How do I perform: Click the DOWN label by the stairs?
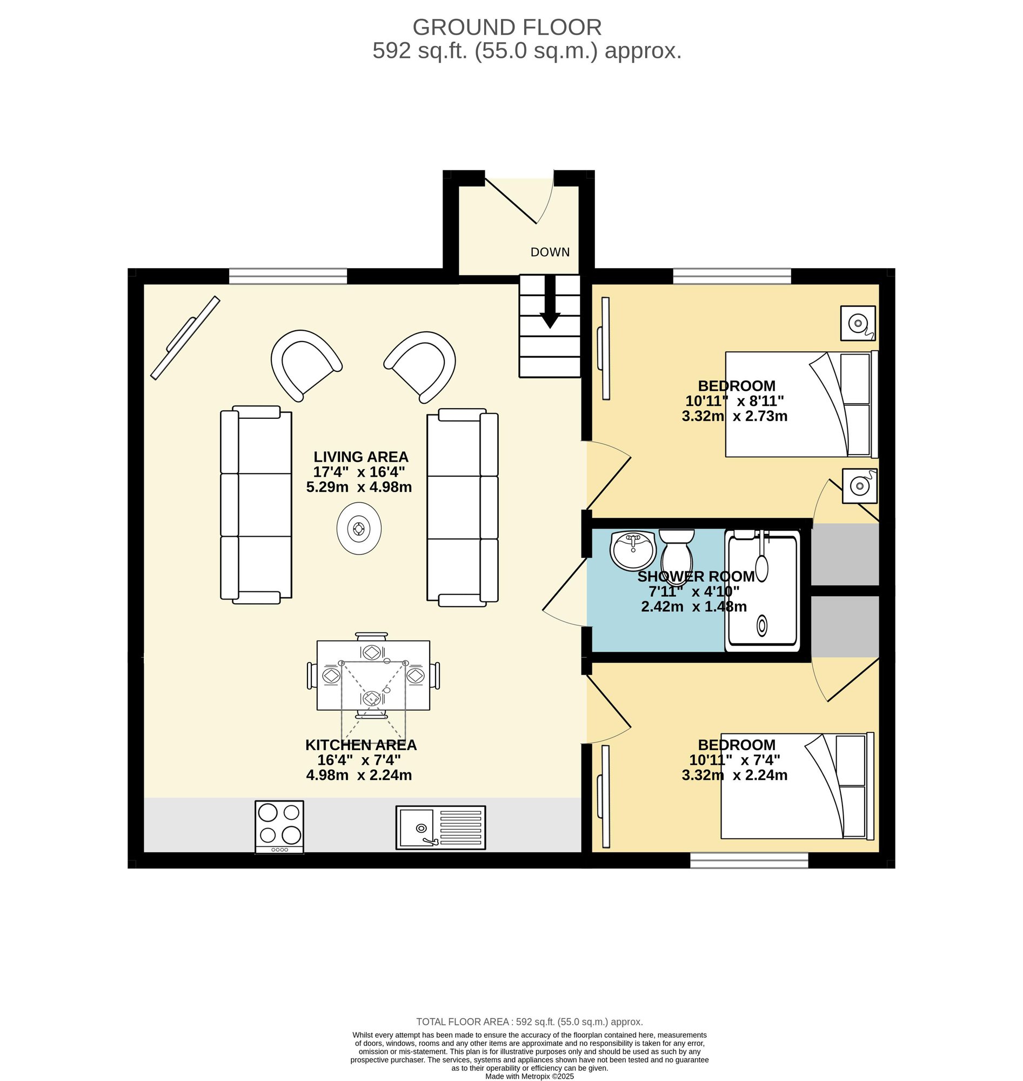click(x=550, y=252)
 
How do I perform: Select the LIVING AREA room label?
click(x=360, y=457)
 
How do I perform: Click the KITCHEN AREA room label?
click(x=360, y=744)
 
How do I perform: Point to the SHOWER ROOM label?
click(x=696, y=576)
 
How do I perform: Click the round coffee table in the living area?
click(x=359, y=528)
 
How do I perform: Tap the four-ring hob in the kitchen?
click(x=279, y=826)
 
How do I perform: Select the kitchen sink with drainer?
click(x=440, y=828)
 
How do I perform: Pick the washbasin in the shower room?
click(x=633, y=550)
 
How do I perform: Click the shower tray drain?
click(x=762, y=625)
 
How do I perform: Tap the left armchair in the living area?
click(x=306, y=364)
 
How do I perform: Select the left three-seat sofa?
click(x=256, y=505)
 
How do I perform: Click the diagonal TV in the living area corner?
click(x=185, y=338)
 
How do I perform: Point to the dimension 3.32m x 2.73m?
click(x=734, y=416)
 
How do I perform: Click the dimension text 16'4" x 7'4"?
click(x=359, y=760)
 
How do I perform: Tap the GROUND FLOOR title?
click(x=507, y=27)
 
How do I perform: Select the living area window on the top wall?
click(x=288, y=276)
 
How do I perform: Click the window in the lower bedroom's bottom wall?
click(x=749, y=860)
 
